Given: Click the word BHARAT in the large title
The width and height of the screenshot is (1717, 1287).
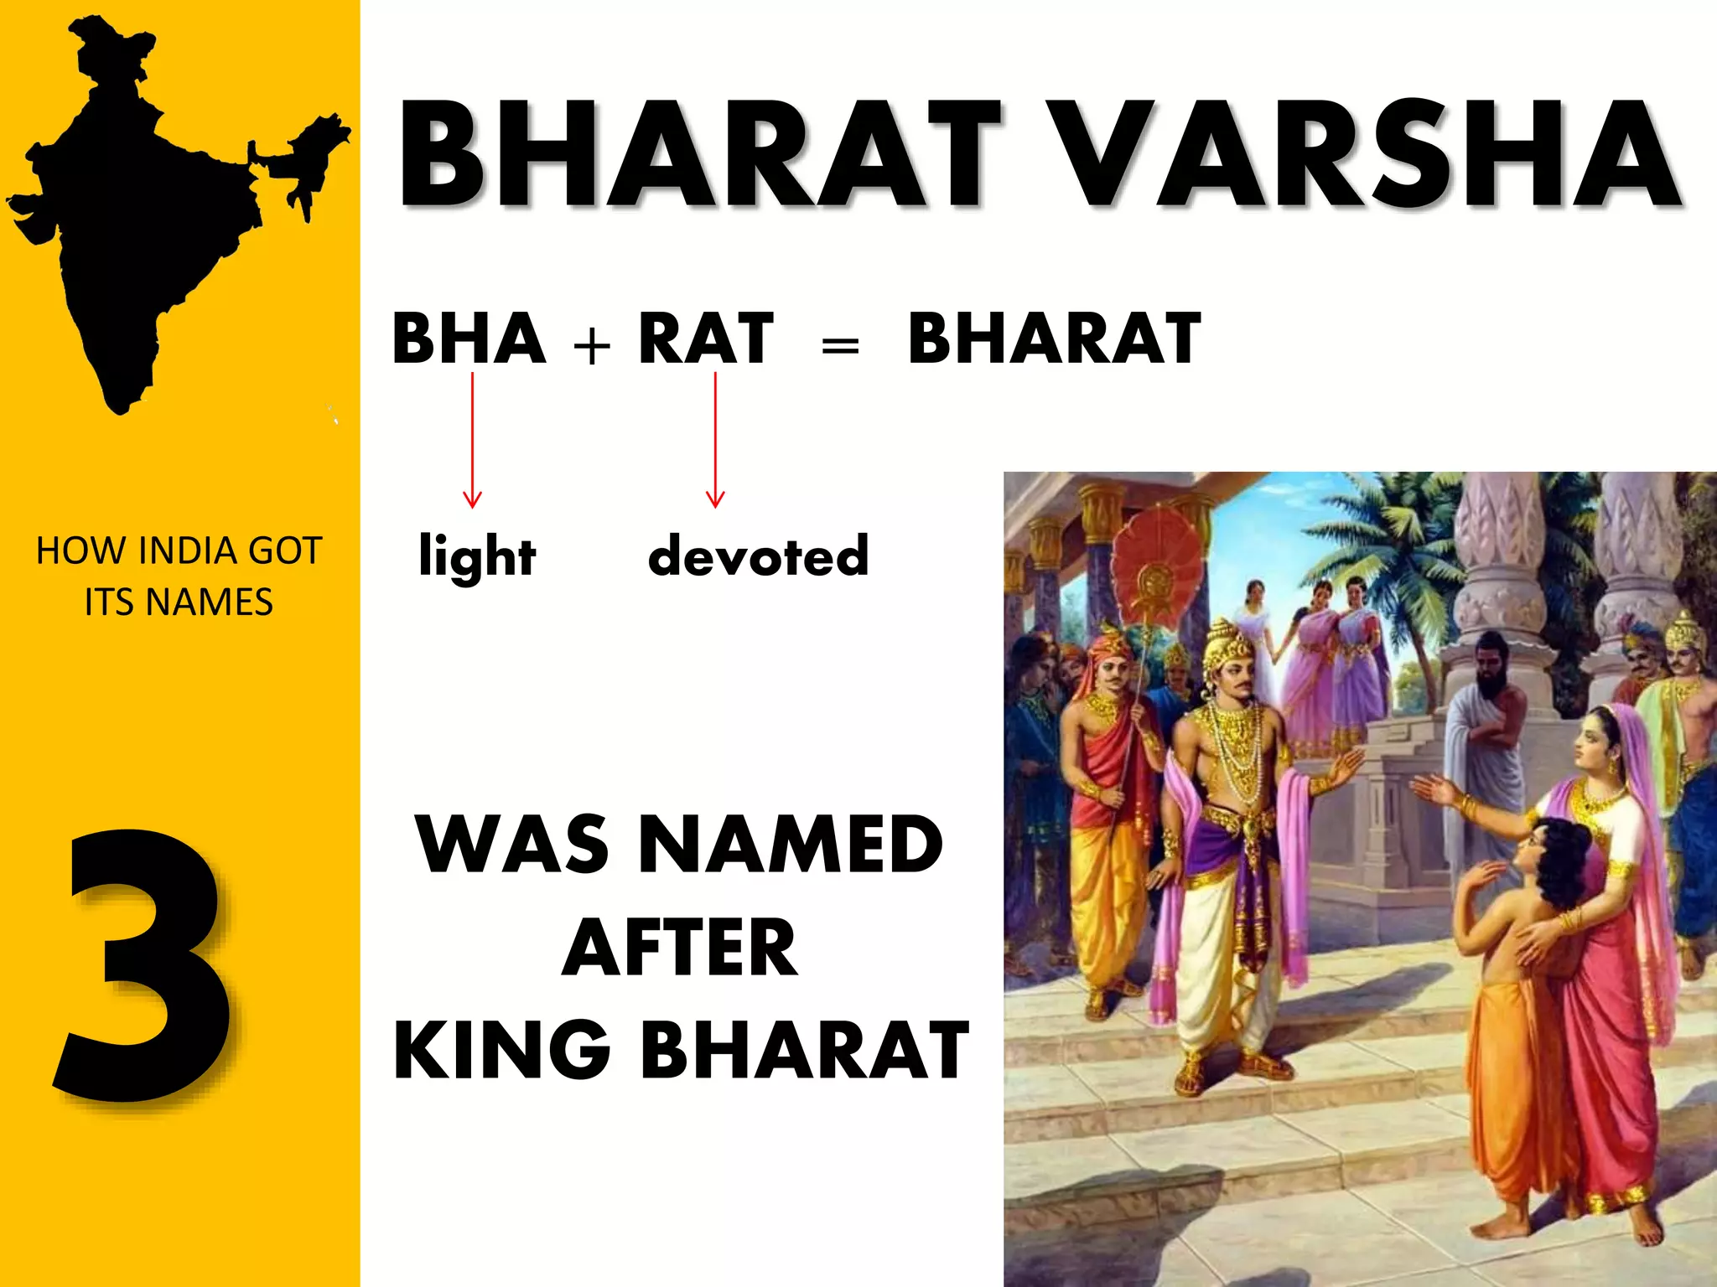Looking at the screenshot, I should click(700, 155).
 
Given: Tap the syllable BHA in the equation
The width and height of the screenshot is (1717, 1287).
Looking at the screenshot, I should click(469, 339).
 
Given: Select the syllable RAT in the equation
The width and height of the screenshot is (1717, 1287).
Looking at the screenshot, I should click(706, 339).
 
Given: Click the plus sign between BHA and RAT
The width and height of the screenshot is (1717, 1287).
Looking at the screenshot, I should click(592, 345).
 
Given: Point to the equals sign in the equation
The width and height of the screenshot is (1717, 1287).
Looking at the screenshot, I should click(840, 345).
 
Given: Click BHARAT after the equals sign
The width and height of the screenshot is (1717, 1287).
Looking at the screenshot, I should click(1055, 339).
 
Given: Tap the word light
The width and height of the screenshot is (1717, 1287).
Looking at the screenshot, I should click(477, 556).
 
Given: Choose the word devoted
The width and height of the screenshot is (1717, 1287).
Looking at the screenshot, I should click(759, 555).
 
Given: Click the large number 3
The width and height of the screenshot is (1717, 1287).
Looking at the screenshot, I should click(143, 964).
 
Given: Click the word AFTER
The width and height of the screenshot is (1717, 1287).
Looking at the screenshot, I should click(680, 948).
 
